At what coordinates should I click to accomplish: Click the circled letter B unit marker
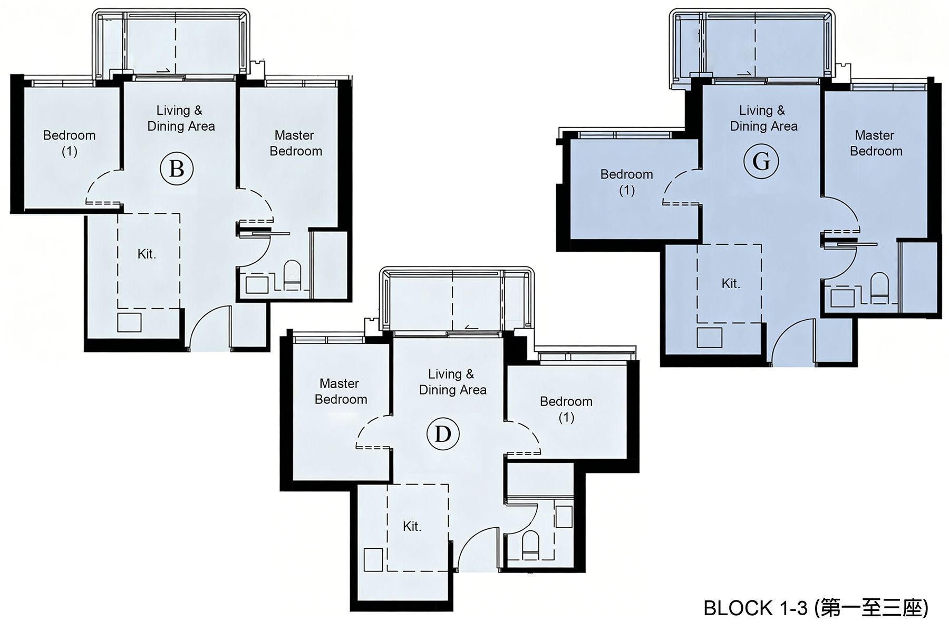click(x=177, y=169)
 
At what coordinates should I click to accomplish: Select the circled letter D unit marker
click(x=443, y=434)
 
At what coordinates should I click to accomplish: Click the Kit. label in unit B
click(x=147, y=254)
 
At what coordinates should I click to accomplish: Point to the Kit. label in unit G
click(x=731, y=283)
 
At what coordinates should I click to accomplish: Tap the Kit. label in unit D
click(x=412, y=526)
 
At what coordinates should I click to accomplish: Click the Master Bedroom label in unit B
click(x=295, y=143)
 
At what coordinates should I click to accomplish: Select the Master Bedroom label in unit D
click(x=341, y=391)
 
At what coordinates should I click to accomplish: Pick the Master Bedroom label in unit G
click(x=876, y=143)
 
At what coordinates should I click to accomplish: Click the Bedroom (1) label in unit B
click(x=69, y=143)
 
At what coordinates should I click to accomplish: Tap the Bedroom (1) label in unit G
click(x=626, y=182)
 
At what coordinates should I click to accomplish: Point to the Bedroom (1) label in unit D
click(x=566, y=409)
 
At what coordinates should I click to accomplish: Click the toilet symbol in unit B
click(x=292, y=275)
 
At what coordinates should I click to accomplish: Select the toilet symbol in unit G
click(x=879, y=288)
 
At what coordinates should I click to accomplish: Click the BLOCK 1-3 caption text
click(x=816, y=608)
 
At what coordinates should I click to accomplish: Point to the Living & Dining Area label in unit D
click(x=452, y=382)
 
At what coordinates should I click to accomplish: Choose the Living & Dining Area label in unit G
click(x=763, y=118)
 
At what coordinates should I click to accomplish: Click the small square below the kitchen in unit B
click(x=129, y=322)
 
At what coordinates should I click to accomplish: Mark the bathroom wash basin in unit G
click(x=842, y=298)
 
